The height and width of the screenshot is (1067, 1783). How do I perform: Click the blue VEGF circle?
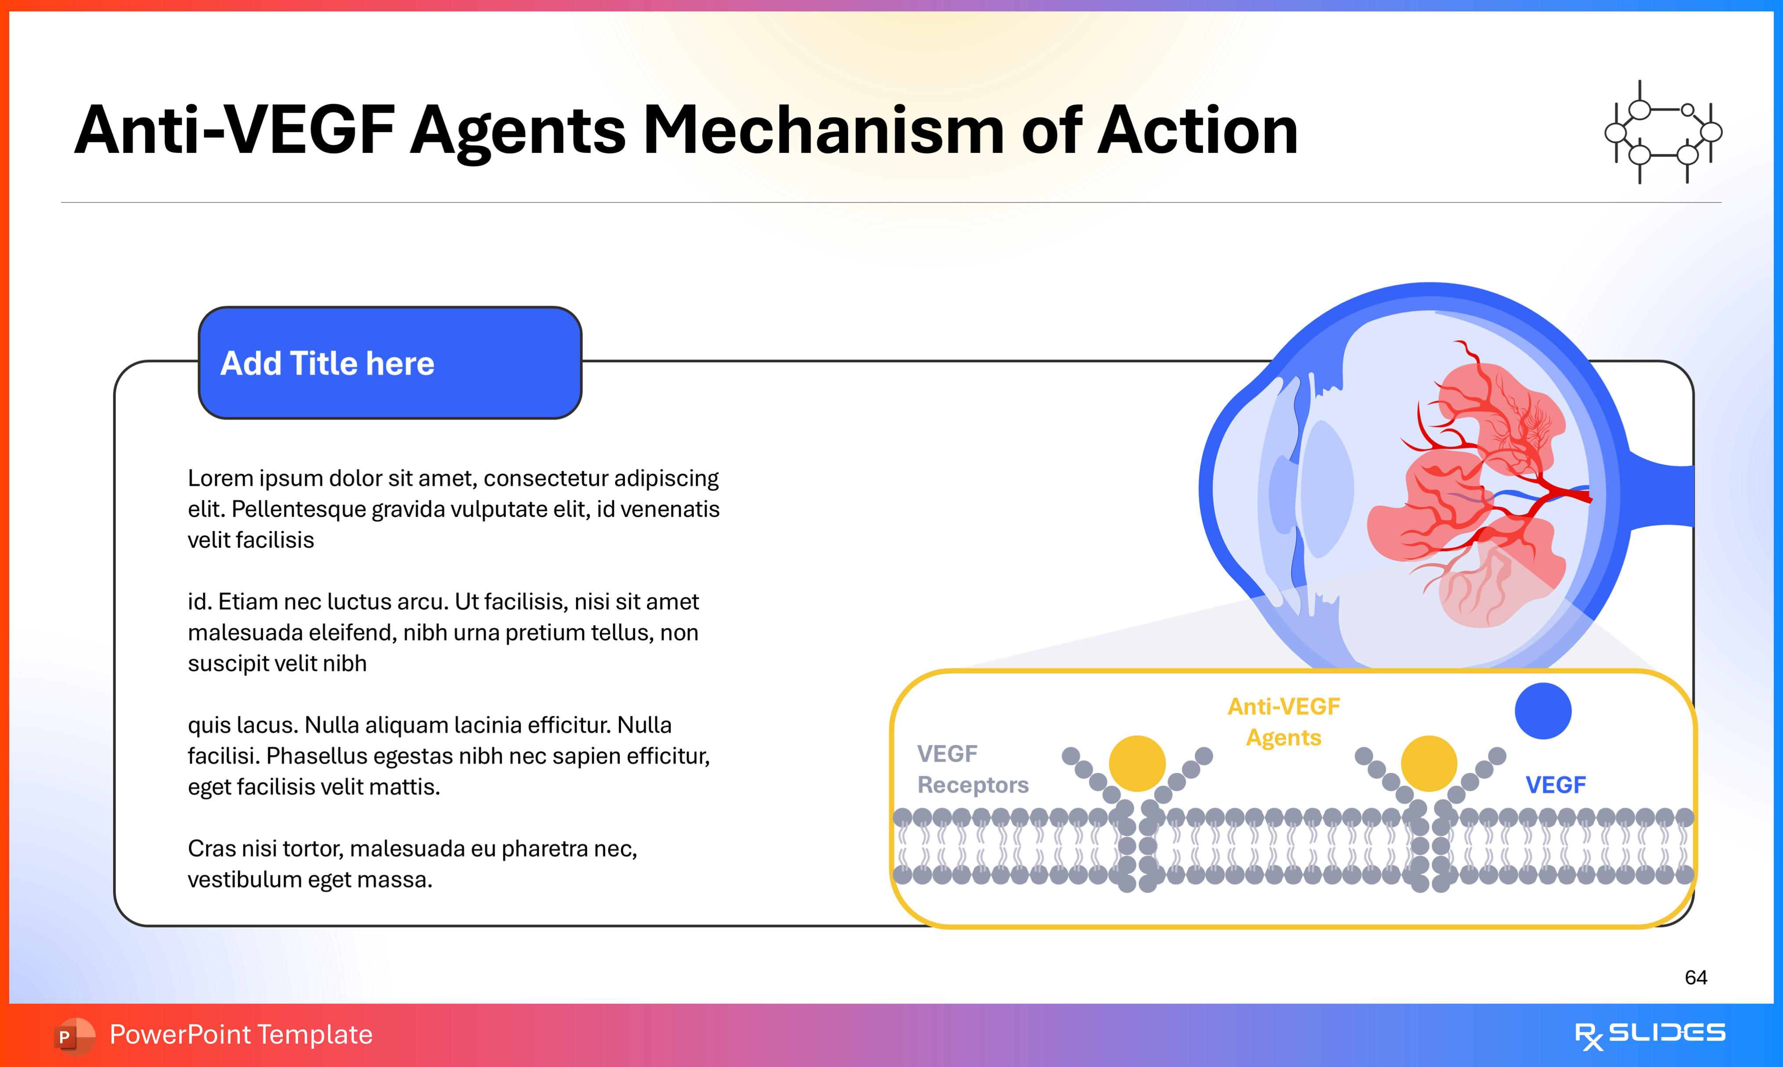click(x=1543, y=710)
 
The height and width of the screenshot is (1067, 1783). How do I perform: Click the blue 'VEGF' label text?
click(x=1555, y=784)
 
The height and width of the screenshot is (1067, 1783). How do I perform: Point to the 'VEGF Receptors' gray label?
click(x=972, y=769)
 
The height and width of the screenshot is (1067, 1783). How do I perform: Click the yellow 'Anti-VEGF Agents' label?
click(x=1283, y=722)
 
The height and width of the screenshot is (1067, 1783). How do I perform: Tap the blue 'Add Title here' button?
click(x=390, y=363)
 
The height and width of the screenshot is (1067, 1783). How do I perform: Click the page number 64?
click(x=1695, y=977)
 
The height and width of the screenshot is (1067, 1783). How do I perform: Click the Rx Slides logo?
click(x=1649, y=1035)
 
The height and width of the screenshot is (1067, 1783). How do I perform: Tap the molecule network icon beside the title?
click(x=1663, y=132)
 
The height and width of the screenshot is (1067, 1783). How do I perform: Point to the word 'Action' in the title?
click(x=1197, y=131)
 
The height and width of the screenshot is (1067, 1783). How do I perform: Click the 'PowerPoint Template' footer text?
click(x=241, y=1035)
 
